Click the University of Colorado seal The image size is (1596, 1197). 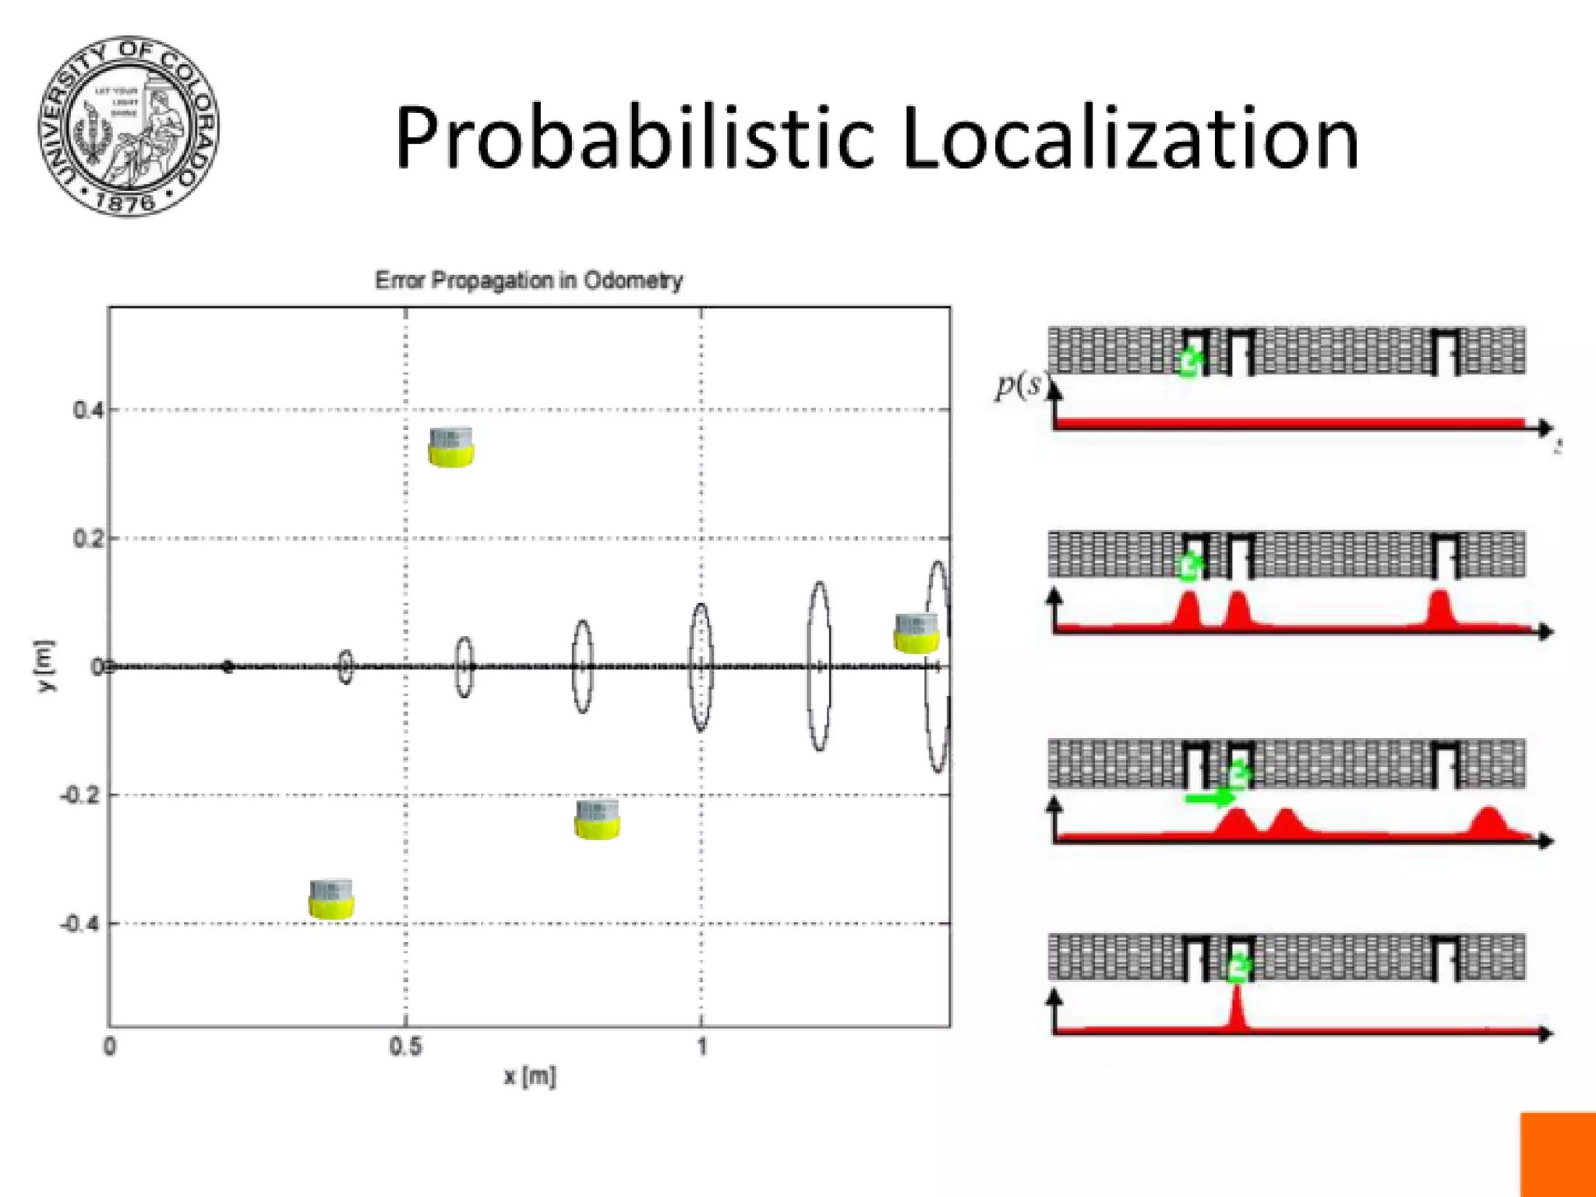point(129,125)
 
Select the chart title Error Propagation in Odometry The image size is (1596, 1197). point(528,280)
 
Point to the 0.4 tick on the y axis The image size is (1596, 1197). point(87,409)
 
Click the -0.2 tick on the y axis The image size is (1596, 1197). point(81,795)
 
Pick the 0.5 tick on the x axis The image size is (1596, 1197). point(405,1047)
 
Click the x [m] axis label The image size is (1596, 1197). point(530,1077)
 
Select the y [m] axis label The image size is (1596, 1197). point(45,666)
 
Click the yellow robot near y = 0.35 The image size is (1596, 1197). point(450,447)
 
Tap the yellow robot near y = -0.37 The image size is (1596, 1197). point(331,899)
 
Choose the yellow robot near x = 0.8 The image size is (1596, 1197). point(597,820)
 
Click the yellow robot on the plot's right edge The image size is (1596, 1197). point(916,633)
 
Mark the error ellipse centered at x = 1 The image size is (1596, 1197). point(701,667)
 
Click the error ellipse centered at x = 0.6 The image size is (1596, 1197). point(464,667)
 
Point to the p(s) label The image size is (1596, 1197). point(1019,385)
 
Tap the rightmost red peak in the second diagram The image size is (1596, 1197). point(1439,608)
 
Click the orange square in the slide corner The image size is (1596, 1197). point(1558,1154)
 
